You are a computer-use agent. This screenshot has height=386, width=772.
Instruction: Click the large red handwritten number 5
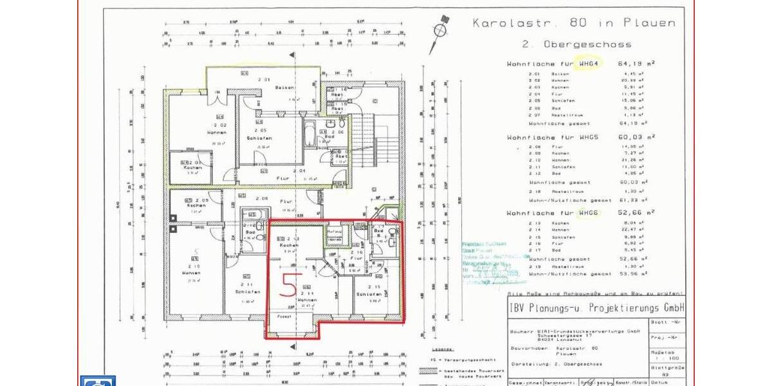pos(290,282)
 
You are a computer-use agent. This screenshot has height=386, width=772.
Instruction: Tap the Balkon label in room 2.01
pos(285,87)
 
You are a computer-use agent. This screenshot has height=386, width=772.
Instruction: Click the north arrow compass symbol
pos(441,29)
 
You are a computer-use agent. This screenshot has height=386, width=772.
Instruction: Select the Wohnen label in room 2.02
pos(217,133)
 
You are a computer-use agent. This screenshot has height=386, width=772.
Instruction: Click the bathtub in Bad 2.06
pos(310,134)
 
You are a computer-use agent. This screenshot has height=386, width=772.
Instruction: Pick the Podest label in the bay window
pos(284,317)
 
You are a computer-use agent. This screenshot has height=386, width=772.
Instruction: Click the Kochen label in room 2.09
pos(195,205)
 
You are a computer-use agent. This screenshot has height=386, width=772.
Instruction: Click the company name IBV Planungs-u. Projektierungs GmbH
pos(595,306)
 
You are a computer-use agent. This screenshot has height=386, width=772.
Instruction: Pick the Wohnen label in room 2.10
pos(191,273)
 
